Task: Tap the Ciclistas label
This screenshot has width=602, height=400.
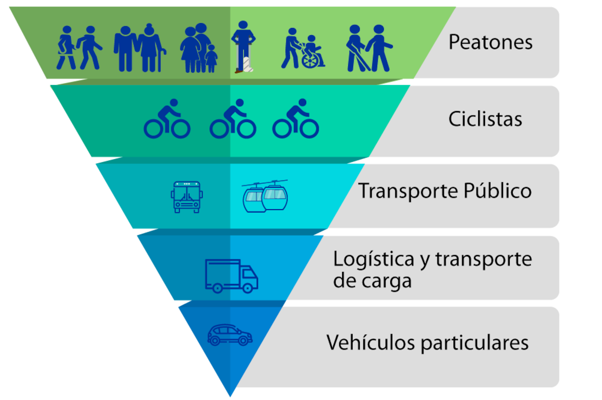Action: pos(485,119)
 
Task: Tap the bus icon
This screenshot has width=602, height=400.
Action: pos(187,197)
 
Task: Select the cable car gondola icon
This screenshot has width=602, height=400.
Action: pos(265,196)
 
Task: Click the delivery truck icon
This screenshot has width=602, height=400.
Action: pos(231,276)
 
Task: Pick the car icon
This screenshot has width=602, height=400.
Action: pos(230,335)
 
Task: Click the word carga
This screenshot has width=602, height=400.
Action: pos(387,281)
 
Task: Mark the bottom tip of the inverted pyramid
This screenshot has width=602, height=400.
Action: pos(230,396)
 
